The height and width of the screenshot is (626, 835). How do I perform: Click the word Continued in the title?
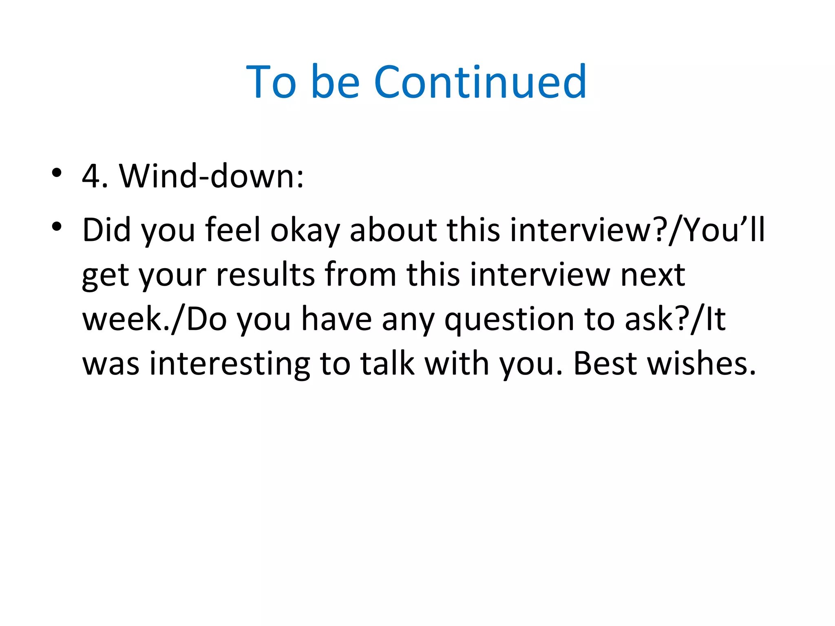[480, 82]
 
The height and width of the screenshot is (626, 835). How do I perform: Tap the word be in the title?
[335, 82]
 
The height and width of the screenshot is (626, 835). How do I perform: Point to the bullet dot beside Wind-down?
[57, 173]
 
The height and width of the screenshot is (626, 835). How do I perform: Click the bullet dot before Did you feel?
[57, 226]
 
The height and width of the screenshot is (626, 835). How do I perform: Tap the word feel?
[233, 230]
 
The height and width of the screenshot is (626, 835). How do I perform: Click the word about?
[393, 230]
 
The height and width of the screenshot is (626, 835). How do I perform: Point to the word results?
[265, 275]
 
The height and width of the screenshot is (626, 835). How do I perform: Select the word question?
[509, 320]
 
